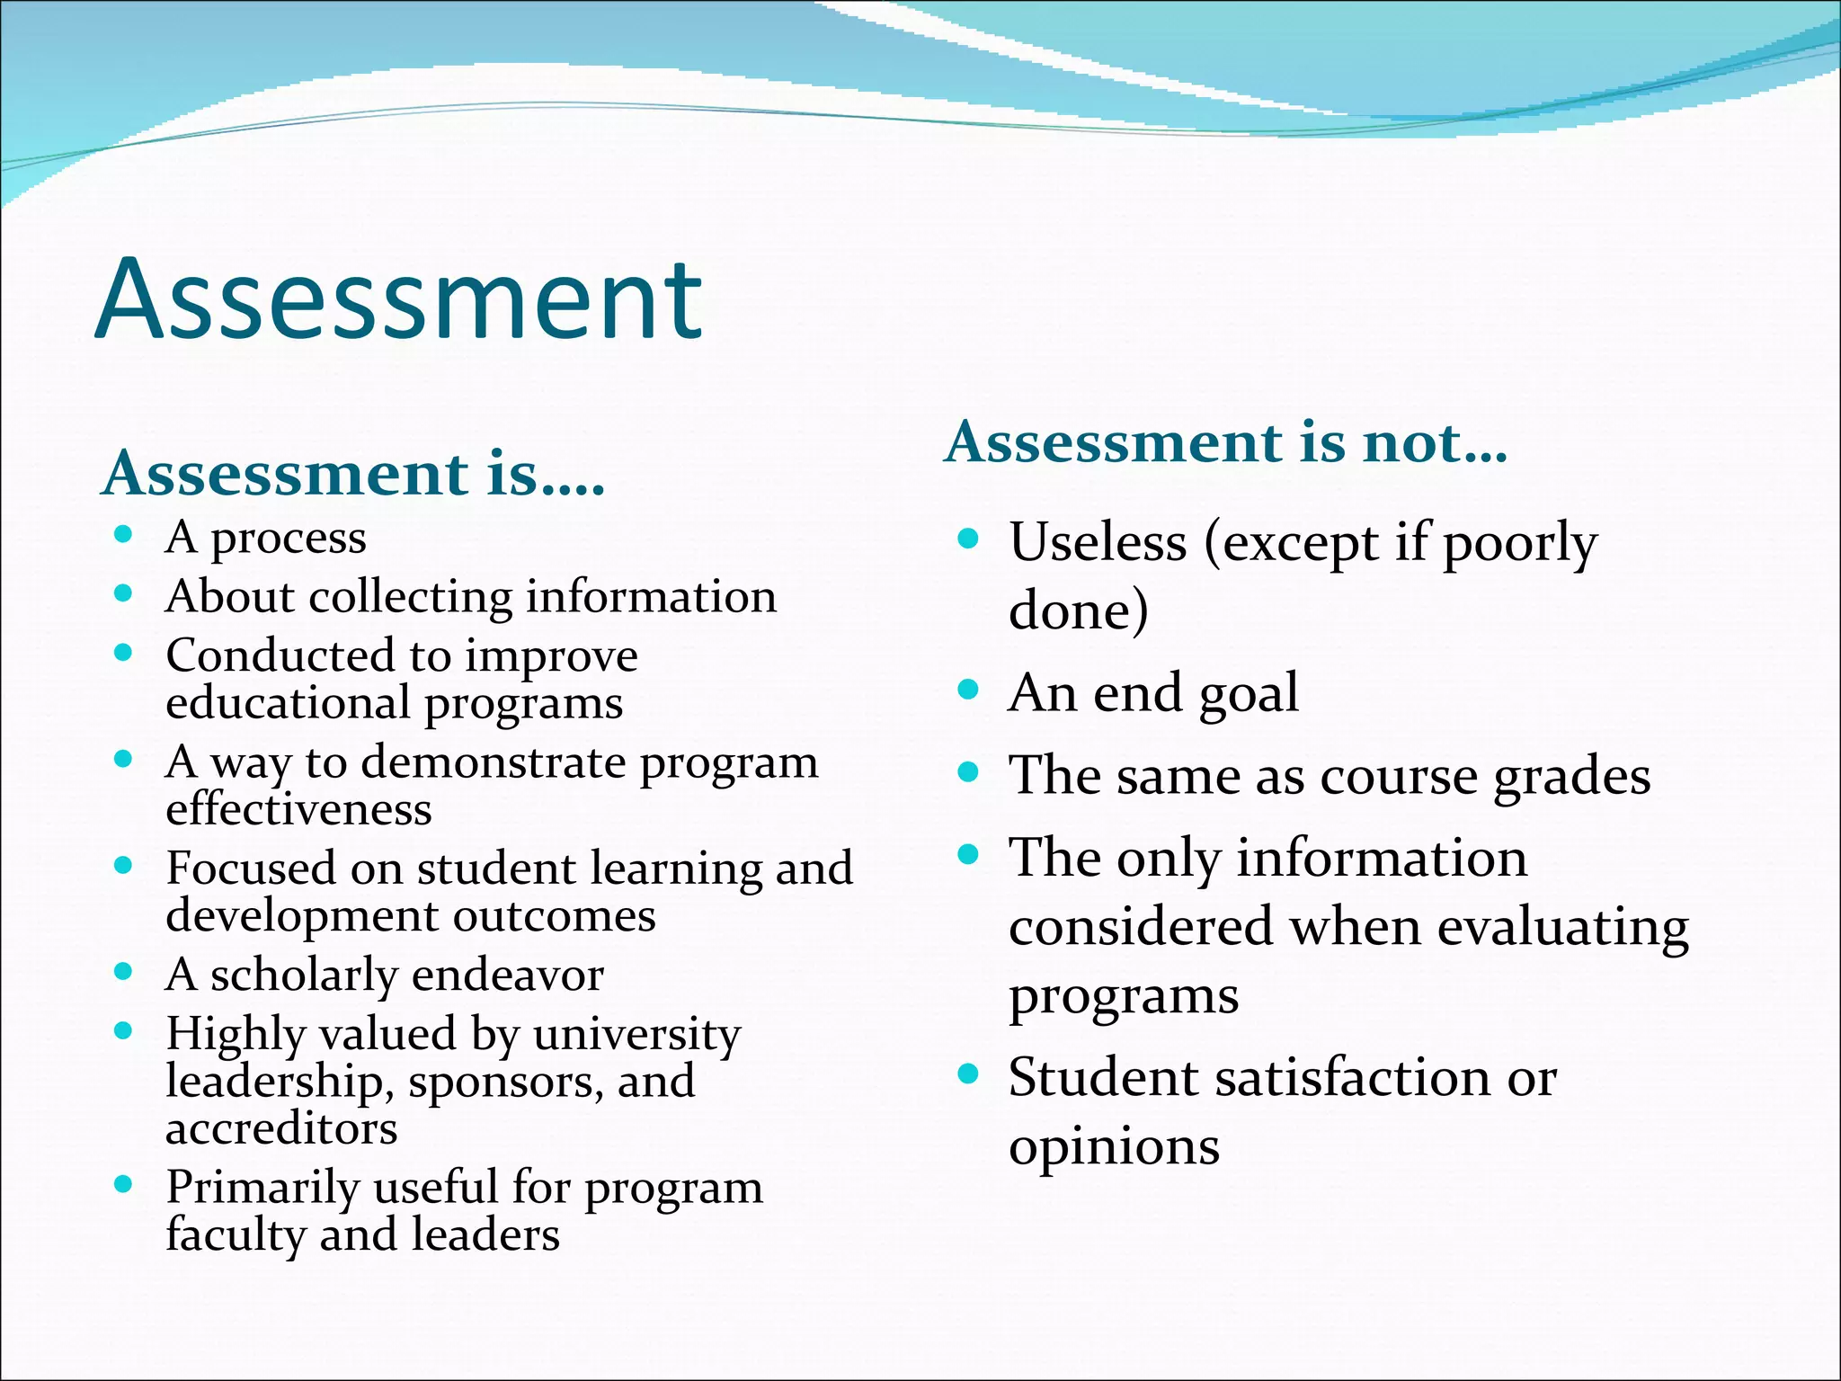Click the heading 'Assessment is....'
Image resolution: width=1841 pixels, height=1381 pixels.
click(353, 474)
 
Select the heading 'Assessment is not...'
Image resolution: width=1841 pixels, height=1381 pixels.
click(1225, 442)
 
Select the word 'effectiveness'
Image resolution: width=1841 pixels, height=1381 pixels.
click(298, 808)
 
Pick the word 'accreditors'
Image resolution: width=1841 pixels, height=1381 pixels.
click(281, 1128)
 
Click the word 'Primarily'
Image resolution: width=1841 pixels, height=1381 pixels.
click(262, 1187)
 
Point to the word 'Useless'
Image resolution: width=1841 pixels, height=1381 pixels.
click(1098, 542)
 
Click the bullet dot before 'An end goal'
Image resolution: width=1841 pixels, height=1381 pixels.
click(967, 690)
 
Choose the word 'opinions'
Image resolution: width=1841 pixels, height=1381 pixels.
click(1114, 1146)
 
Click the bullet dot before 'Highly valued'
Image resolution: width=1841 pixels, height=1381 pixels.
click(124, 1031)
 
